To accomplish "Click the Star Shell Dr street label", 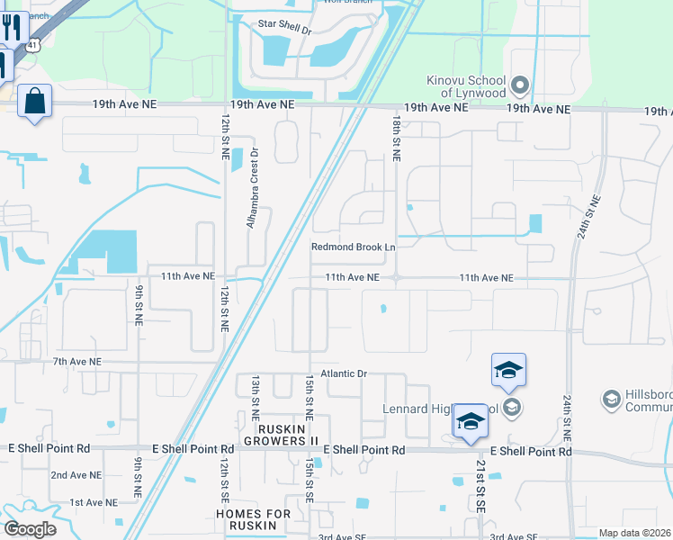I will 283,30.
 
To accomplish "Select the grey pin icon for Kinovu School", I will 519,86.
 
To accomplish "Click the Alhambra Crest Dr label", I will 253,187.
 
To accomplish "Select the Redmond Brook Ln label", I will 354,247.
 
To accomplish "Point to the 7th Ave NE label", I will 77,361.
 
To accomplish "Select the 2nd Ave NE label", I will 76,474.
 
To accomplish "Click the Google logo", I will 30,529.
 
